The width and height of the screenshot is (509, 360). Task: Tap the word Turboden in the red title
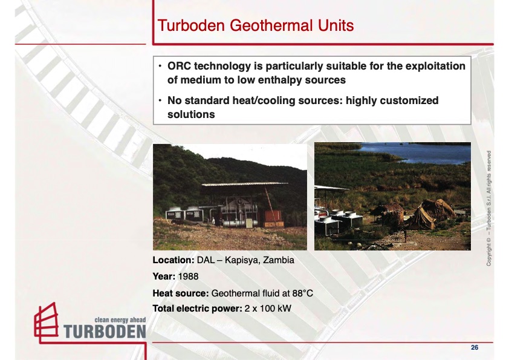coord(191,25)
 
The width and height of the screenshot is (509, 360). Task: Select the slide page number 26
coord(475,348)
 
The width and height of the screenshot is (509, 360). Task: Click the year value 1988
coord(188,277)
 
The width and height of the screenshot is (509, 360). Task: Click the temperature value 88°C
coord(302,293)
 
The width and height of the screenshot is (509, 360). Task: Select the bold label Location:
coord(173,260)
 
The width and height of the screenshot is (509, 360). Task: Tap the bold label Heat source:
coord(181,293)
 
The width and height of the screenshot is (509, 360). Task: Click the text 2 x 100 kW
coord(268,309)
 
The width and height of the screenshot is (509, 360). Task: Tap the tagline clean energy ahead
coord(120,320)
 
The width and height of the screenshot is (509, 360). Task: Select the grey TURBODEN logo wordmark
coord(105,332)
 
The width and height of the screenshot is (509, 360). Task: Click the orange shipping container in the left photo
coord(273,218)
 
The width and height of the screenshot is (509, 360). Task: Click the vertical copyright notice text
coord(488,208)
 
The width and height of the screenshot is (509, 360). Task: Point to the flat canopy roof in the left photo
coord(244,185)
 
